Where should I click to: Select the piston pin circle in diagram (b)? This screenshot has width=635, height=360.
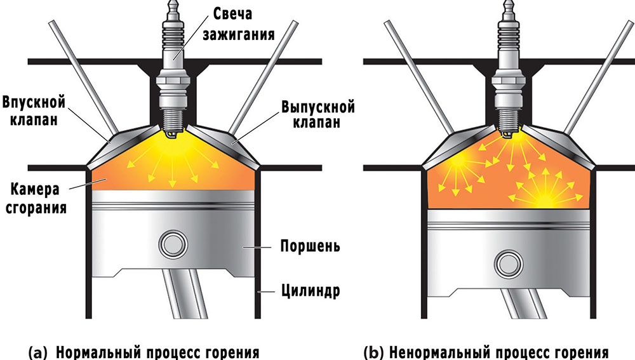pyautogui.click(x=509, y=261)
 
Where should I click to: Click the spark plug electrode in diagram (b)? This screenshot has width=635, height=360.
pyautogui.click(x=509, y=134)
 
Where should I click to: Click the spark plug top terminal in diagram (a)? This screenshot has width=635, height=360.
pyautogui.click(x=173, y=8)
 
